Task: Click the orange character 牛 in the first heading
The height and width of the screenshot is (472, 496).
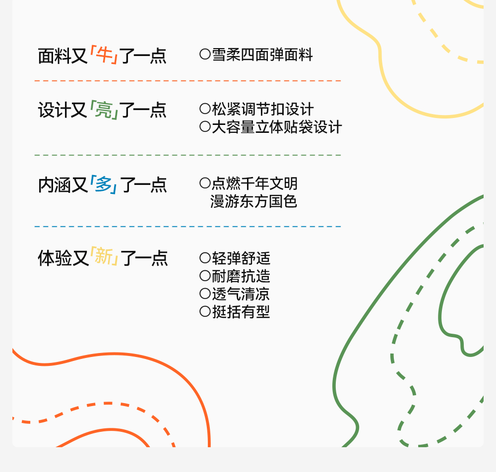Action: (104, 55)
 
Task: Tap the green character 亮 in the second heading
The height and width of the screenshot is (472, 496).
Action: (104, 110)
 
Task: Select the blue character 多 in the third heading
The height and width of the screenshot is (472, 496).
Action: (104, 184)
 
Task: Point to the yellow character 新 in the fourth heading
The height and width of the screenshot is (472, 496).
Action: (104, 257)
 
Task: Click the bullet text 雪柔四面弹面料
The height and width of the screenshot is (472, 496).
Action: (262, 55)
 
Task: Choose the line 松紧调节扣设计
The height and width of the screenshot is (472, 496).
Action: (263, 109)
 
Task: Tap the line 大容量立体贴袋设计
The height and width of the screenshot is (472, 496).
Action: (277, 127)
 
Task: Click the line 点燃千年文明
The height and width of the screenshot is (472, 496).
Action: (254, 183)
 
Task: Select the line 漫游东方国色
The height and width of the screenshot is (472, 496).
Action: (253, 201)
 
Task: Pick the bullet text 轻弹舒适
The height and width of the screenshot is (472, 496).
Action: (241, 258)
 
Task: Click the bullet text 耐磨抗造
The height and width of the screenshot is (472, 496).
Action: (241, 276)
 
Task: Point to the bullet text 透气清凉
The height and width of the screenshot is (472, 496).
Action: (241, 294)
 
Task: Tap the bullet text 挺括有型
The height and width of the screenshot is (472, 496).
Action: (241, 311)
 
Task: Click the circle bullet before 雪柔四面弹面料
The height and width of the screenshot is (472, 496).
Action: (205, 54)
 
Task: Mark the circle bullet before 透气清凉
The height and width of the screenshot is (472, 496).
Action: (205, 294)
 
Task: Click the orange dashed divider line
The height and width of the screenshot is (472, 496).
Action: (187, 80)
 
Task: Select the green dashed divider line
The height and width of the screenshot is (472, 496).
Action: (187, 155)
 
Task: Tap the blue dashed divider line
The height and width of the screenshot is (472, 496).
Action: (187, 227)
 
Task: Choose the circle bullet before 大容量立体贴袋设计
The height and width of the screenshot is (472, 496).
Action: (205, 126)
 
